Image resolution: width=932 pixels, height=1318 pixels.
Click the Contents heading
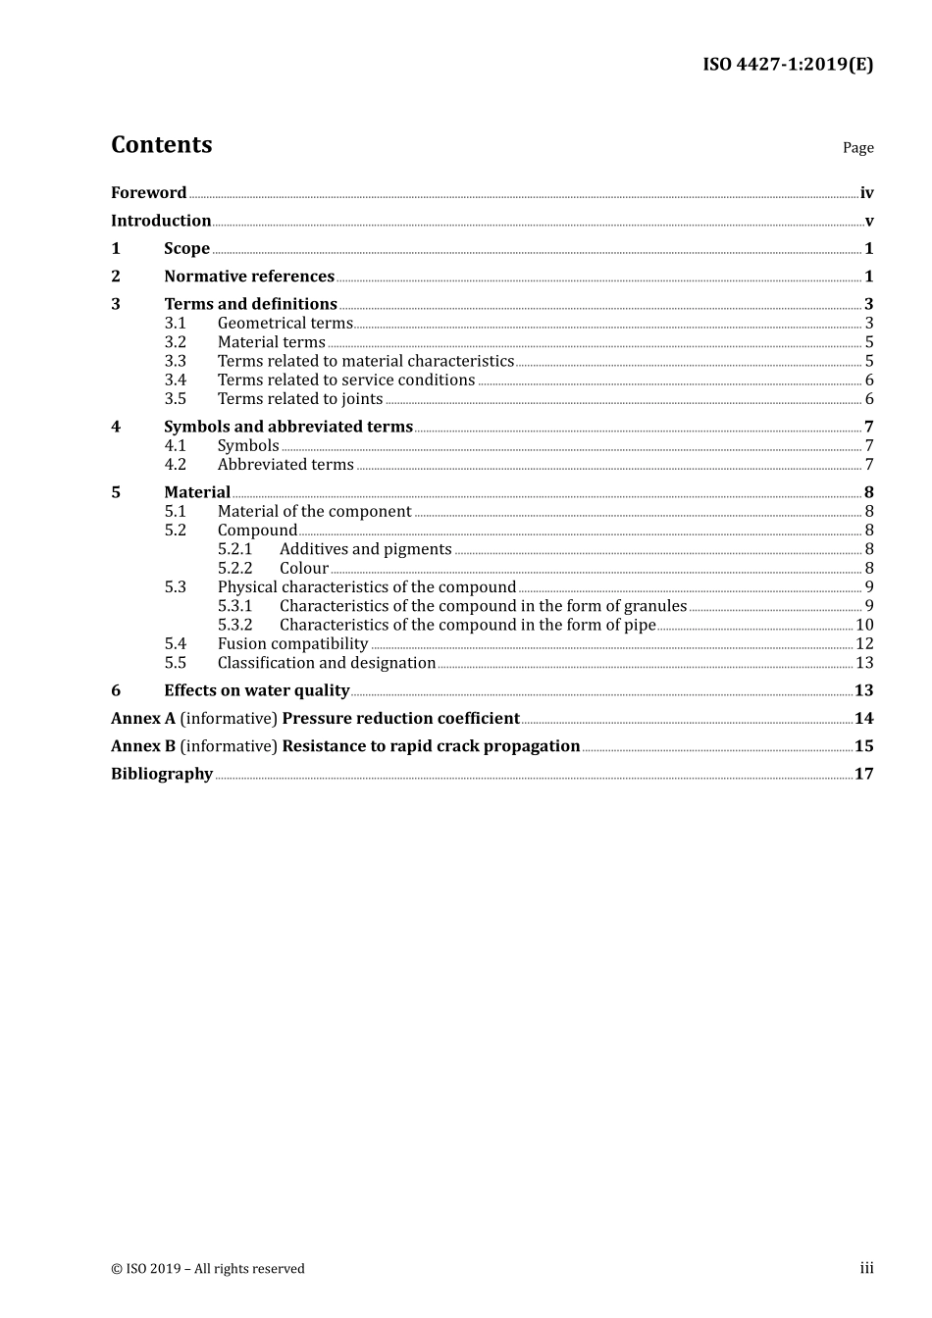pyautogui.click(x=161, y=145)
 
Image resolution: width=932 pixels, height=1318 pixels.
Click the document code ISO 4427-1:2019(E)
pyautogui.click(x=787, y=65)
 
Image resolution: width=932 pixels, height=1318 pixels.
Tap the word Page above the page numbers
pyautogui.click(x=857, y=148)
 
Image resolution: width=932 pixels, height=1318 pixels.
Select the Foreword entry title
pyautogui.click(x=148, y=193)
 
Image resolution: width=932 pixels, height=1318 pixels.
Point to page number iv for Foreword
pyautogui.click(x=866, y=193)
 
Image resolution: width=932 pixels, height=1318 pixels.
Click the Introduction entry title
pyautogui.click(x=161, y=221)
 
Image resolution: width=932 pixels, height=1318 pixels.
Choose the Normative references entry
pyautogui.click(x=249, y=277)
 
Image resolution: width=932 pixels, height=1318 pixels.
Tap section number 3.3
pyautogui.click(x=175, y=361)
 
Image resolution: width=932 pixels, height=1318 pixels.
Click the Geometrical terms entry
pyautogui.click(x=285, y=324)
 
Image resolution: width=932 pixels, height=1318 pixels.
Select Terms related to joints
pyautogui.click(x=300, y=399)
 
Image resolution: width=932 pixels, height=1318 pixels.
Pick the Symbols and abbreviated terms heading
pyautogui.click(x=288, y=427)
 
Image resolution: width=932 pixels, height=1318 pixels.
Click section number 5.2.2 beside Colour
pyautogui.click(x=234, y=569)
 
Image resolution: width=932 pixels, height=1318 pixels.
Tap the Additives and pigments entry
pyautogui.click(x=365, y=549)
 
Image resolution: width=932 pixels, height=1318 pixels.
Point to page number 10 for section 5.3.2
pyautogui.click(x=864, y=625)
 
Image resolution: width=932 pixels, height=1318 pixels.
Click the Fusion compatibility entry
pyautogui.click(x=292, y=644)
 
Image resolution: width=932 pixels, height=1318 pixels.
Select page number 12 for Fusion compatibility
pyautogui.click(x=864, y=644)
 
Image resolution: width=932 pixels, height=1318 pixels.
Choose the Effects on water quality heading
pyautogui.click(x=256, y=690)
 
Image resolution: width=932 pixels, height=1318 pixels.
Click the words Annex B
pyautogui.click(x=143, y=746)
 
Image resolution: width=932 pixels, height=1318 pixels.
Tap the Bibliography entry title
pyautogui.click(x=162, y=774)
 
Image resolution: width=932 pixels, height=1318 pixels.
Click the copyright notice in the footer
pyautogui.click(x=208, y=1269)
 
